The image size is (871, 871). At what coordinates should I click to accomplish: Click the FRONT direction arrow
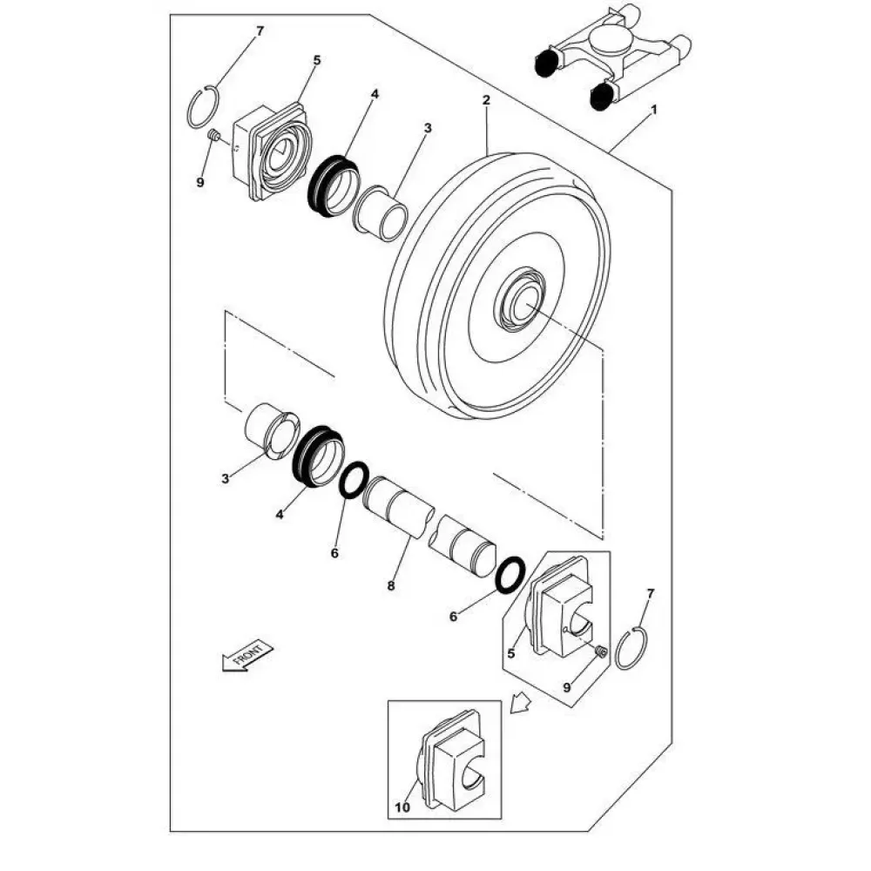pos(247,656)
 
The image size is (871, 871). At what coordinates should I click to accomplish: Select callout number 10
pos(402,807)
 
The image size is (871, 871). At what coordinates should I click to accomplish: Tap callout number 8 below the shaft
pos(391,585)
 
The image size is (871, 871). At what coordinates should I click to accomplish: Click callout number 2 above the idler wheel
pos(487,100)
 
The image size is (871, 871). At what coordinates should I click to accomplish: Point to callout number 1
pos(654,110)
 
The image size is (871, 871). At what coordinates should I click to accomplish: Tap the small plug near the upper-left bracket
pos(214,134)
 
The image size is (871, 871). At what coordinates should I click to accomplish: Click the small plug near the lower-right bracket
pos(600,651)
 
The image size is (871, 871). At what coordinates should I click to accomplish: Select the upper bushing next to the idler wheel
pos(381,213)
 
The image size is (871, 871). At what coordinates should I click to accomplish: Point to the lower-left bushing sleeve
pos(272,430)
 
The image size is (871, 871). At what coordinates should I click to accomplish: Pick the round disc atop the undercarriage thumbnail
pos(610,41)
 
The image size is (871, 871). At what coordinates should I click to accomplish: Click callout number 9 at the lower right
pos(567,688)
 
